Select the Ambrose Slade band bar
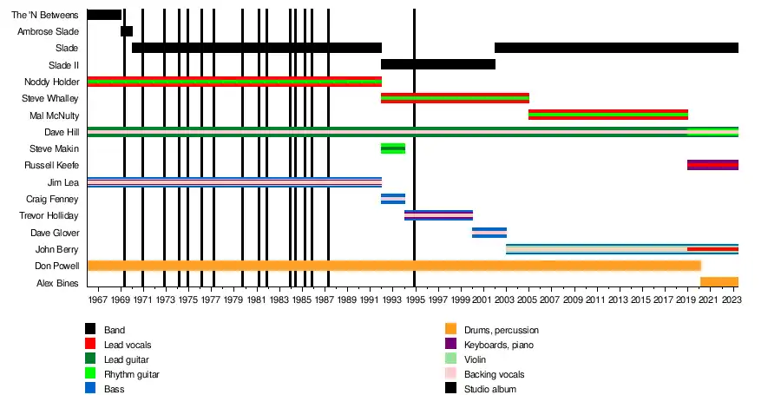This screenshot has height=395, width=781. coord(127,31)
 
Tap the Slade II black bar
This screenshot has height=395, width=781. coord(437,64)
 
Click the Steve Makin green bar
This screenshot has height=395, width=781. coord(392,148)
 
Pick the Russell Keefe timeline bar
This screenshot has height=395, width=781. coord(712,165)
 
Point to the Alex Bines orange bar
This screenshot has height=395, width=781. coord(719,282)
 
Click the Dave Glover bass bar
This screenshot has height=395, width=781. coord(489,233)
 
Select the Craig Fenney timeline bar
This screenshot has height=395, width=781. coord(392,199)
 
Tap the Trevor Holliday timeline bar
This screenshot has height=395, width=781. coord(438,215)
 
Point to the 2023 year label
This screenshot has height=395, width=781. coord(730,300)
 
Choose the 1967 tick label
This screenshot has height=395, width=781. coord(98,300)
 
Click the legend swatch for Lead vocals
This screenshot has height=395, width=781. coord(89,345)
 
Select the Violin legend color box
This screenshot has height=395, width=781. coord(450,359)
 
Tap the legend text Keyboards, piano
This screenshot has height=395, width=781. coord(499,345)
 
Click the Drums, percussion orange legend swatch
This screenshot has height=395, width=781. coord(450,330)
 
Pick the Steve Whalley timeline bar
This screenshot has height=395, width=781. coord(455,98)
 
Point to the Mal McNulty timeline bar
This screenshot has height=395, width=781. coord(607,115)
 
